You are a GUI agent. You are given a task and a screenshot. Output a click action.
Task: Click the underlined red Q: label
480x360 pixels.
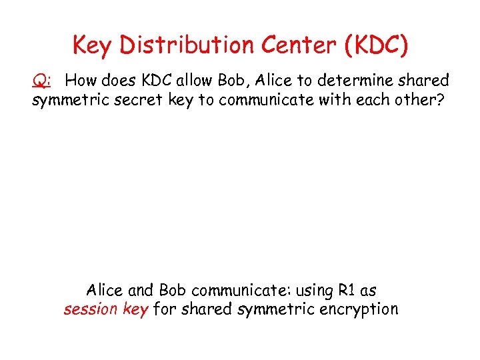42,81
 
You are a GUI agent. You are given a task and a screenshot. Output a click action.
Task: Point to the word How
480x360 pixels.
81,81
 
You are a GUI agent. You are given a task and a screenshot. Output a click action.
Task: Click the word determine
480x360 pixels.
351,81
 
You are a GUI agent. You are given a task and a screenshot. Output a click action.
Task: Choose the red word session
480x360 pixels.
88,309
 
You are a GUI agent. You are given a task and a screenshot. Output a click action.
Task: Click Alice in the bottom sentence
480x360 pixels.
104,291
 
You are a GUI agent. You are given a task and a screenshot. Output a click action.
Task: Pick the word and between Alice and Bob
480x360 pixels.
140,291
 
